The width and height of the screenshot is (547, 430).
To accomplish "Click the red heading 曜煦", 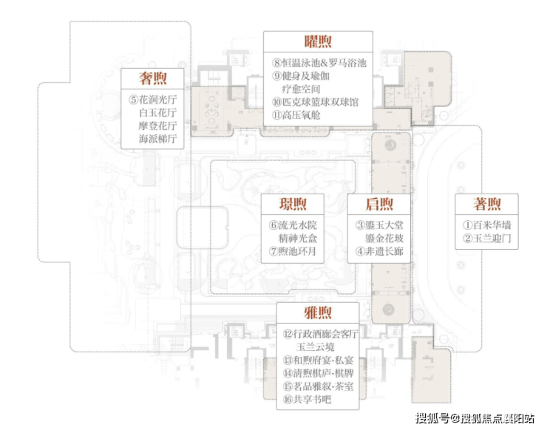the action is pyautogui.click(x=318, y=42).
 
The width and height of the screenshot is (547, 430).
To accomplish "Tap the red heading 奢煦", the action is pyautogui.click(x=153, y=78).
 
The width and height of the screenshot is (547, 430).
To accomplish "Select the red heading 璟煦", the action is pyautogui.click(x=293, y=204).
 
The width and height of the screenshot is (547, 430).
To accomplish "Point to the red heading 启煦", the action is pyautogui.click(x=379, y=204).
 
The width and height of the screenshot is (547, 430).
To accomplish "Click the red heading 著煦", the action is pyautogui.click(x=487, y=204).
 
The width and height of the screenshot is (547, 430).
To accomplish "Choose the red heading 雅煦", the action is pyautogui.click(x=318, y=313).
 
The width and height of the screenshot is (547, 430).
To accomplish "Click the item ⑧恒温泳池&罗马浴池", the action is pyautogui.click(x=319, y=63).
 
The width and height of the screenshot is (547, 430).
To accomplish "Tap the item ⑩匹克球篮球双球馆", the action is pyautogui.click(x=316, y=102).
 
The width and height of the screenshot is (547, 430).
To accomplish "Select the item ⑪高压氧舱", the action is pyautogui.click(x=296, y=115).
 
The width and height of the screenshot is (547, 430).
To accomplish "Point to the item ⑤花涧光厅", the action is pyautogui.click(x=153, y=100).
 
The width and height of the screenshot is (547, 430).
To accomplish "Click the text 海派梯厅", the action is pyautogui.click(x=158, y=139).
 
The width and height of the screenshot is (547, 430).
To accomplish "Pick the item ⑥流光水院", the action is pyautogui.click(x=293, y=225).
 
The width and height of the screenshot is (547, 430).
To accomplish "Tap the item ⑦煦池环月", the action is pyautogui.click(x=292, y=251).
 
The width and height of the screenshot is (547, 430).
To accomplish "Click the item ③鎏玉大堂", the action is pyautogui.click(x=379, y=225).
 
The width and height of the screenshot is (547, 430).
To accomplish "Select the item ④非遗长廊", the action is pyautogui.click(x=379, y=251).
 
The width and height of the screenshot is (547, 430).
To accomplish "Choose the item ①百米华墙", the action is pyautogui.click(x=487, y=225).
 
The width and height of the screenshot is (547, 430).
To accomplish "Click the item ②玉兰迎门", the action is pyautogui.click(x=487, y=239).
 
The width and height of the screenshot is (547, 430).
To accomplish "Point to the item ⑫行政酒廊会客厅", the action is pyautogui.click(x=321, y=334).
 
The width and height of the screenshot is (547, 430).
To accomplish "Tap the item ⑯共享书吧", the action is pyautogui.click(x=307, y=399).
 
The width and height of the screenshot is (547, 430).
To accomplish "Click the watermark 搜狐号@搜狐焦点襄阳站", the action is pyautogui.click(x=475, y=418).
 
